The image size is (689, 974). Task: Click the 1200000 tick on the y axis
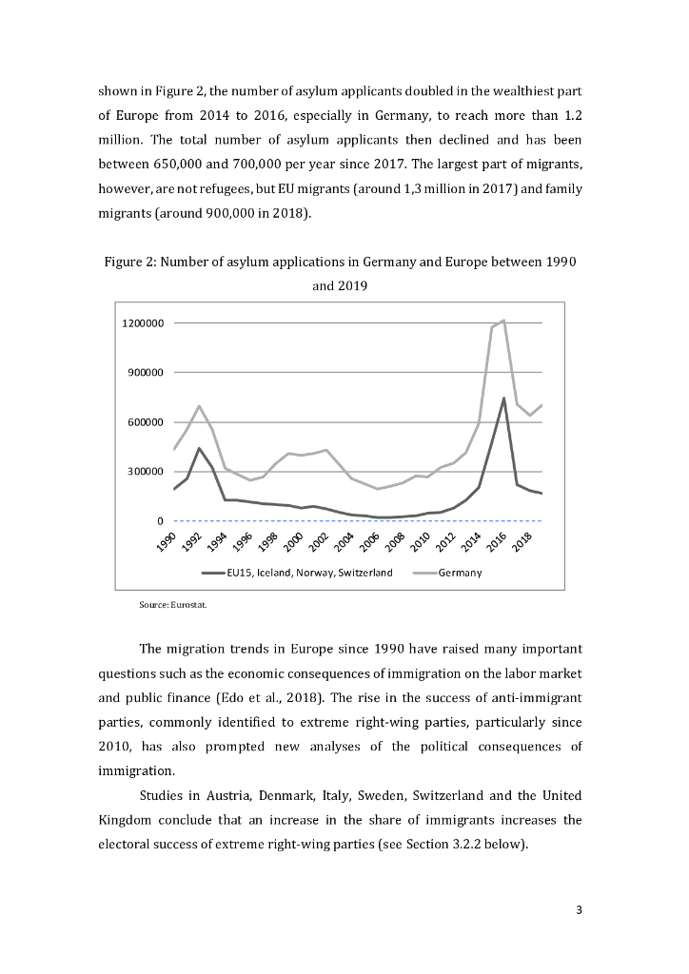(143, 323)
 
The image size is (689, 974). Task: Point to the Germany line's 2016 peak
(503, 321)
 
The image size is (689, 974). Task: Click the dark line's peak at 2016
(503, 398)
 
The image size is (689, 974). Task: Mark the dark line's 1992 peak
(199, 448)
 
